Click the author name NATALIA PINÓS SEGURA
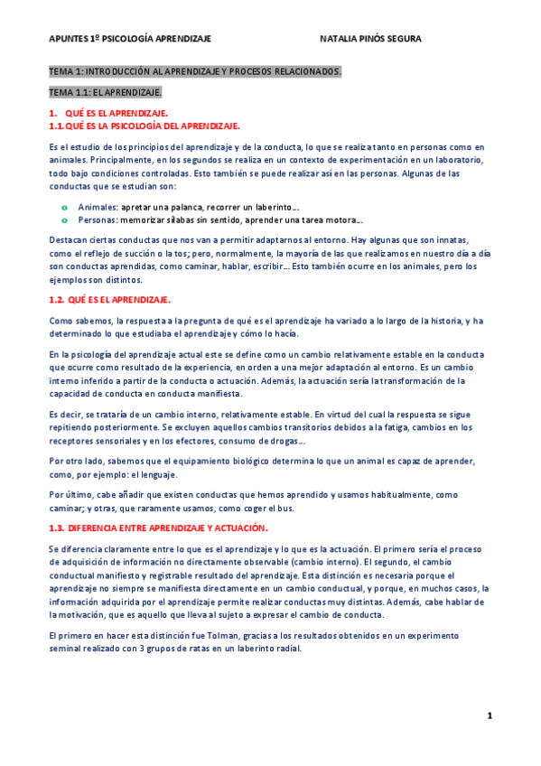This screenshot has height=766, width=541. pos(370,39)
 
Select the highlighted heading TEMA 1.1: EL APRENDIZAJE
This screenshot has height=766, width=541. pos(105,92)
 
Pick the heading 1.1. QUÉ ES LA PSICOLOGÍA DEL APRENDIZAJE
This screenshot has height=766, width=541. pos(144,126)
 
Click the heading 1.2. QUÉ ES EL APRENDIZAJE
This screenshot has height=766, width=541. pos(109,299)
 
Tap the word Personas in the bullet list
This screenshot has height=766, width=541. pos(98,220)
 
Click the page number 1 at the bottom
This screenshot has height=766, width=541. pos(489,715)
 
